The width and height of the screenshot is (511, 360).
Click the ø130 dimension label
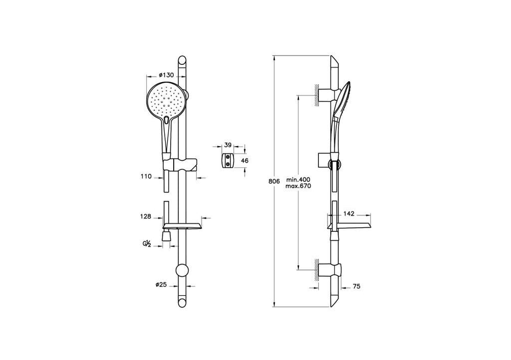coord(166,75)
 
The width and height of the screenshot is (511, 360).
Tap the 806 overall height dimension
coord(274,182)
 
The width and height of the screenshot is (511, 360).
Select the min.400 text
coord(298,180)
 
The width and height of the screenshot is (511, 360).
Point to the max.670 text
coord(298,186)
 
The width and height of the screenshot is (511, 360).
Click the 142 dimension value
coord(349,214)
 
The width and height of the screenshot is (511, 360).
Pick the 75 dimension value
coord(356,286)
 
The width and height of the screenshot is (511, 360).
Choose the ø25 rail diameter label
coord(161,284)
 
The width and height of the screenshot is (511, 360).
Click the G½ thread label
coord(146,243)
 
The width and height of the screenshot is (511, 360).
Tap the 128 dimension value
coord(146,217)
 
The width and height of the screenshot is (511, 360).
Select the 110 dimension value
coord(146,177)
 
